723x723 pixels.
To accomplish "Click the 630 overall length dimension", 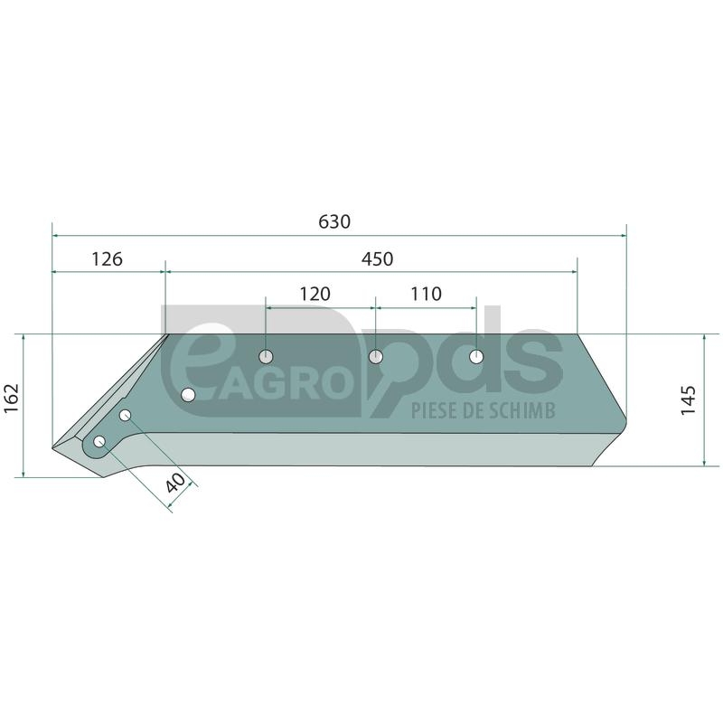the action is tap(334, 221).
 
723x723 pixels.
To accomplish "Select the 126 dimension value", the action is tap(107, 259).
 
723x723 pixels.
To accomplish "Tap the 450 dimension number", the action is tap(377, 259).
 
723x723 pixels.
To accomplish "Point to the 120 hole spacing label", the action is tap(315, 294).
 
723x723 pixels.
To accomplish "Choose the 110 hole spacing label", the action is tap(426, 294).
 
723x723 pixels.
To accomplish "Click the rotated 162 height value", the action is tap(11, 399).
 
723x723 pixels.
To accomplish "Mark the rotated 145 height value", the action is tap(688, 400).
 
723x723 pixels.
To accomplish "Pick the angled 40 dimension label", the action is tap(175, 483).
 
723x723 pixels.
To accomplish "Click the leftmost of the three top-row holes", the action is tap(266, 356).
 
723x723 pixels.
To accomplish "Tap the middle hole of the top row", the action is tap(376, 356).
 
